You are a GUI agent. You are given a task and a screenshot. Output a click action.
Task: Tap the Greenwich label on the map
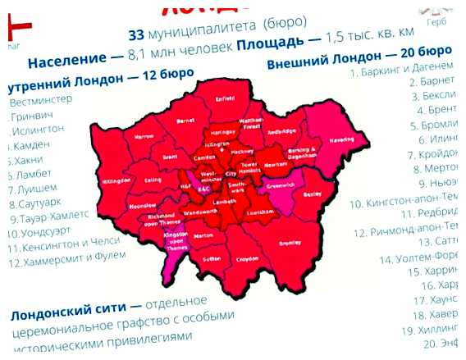pyautogui.click(x=286, y=183)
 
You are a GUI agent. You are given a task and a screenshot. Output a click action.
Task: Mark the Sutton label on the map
pyautogui.click(x=211, y=257)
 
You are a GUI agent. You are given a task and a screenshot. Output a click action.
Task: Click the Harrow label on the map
pyautogui.click(x=143, y=136)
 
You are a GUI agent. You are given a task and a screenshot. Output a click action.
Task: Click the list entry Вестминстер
pyautogui.click(x=41, y=103)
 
